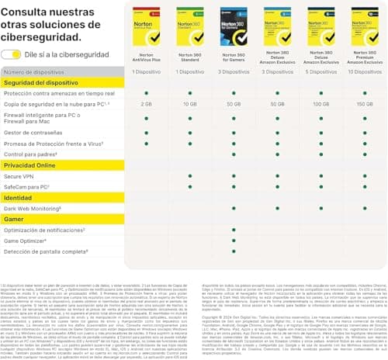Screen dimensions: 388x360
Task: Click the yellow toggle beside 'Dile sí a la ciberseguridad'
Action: [x=11, y=54]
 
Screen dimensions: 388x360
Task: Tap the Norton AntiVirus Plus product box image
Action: [x=147, y=27]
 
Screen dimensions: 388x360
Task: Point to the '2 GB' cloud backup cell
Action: [x=147, y=102]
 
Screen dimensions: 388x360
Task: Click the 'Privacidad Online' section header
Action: [x=30, y=165]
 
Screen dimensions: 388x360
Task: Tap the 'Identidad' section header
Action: [x=19, y=198]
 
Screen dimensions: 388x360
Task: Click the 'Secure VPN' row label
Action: [x=23, y=176]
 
